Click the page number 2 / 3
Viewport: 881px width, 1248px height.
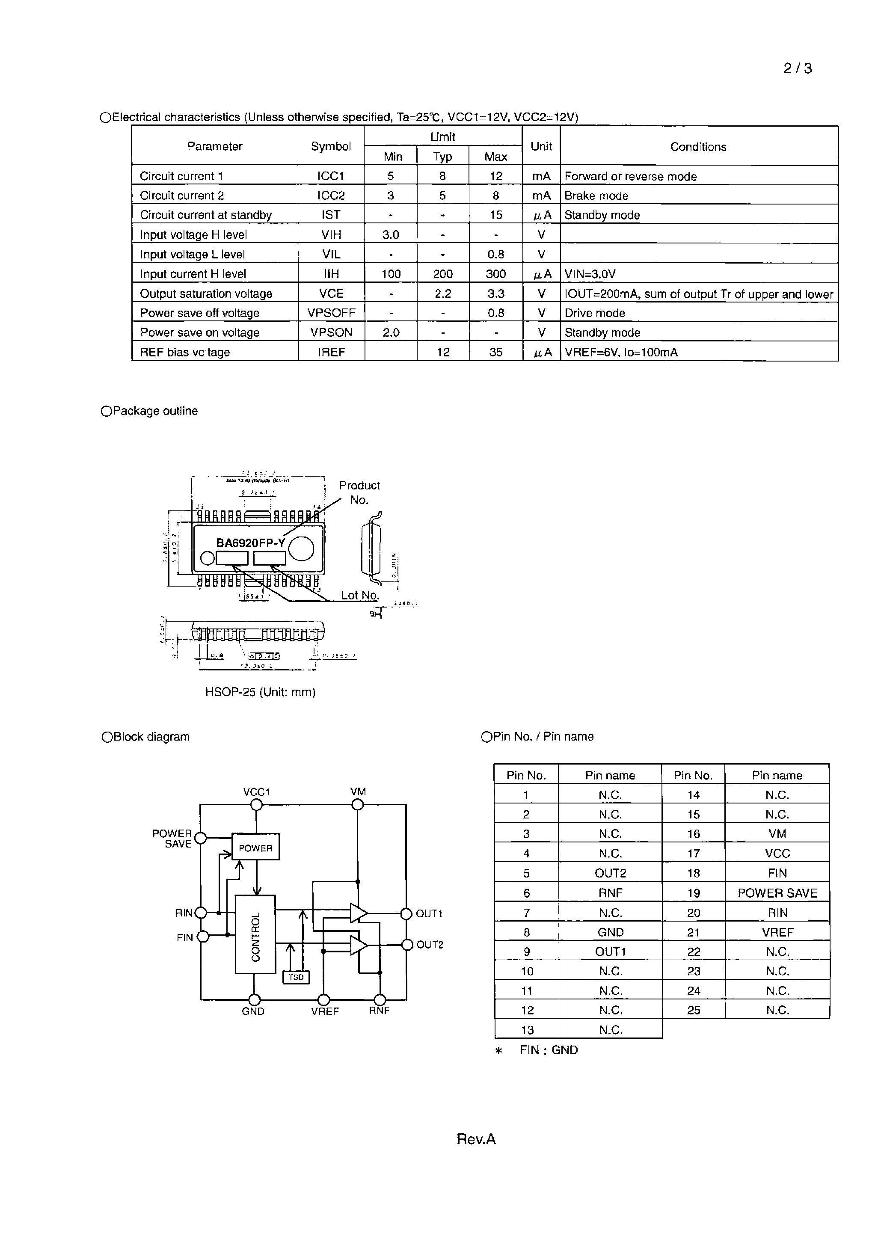797,68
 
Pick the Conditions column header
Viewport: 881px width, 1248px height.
698,147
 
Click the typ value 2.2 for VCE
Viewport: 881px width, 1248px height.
442,293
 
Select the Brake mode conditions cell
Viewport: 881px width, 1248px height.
596,196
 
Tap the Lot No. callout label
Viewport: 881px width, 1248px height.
359,595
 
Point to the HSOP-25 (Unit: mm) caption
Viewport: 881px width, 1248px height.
260,692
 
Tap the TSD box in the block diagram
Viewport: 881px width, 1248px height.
296,977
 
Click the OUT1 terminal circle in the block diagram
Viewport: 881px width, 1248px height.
406,914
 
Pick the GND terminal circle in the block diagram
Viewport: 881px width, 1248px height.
254,999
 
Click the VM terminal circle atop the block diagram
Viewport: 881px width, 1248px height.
358,804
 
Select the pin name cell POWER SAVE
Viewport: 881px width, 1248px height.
777,893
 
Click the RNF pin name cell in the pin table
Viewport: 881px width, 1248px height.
610,893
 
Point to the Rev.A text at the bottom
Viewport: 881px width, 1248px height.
476,1139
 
